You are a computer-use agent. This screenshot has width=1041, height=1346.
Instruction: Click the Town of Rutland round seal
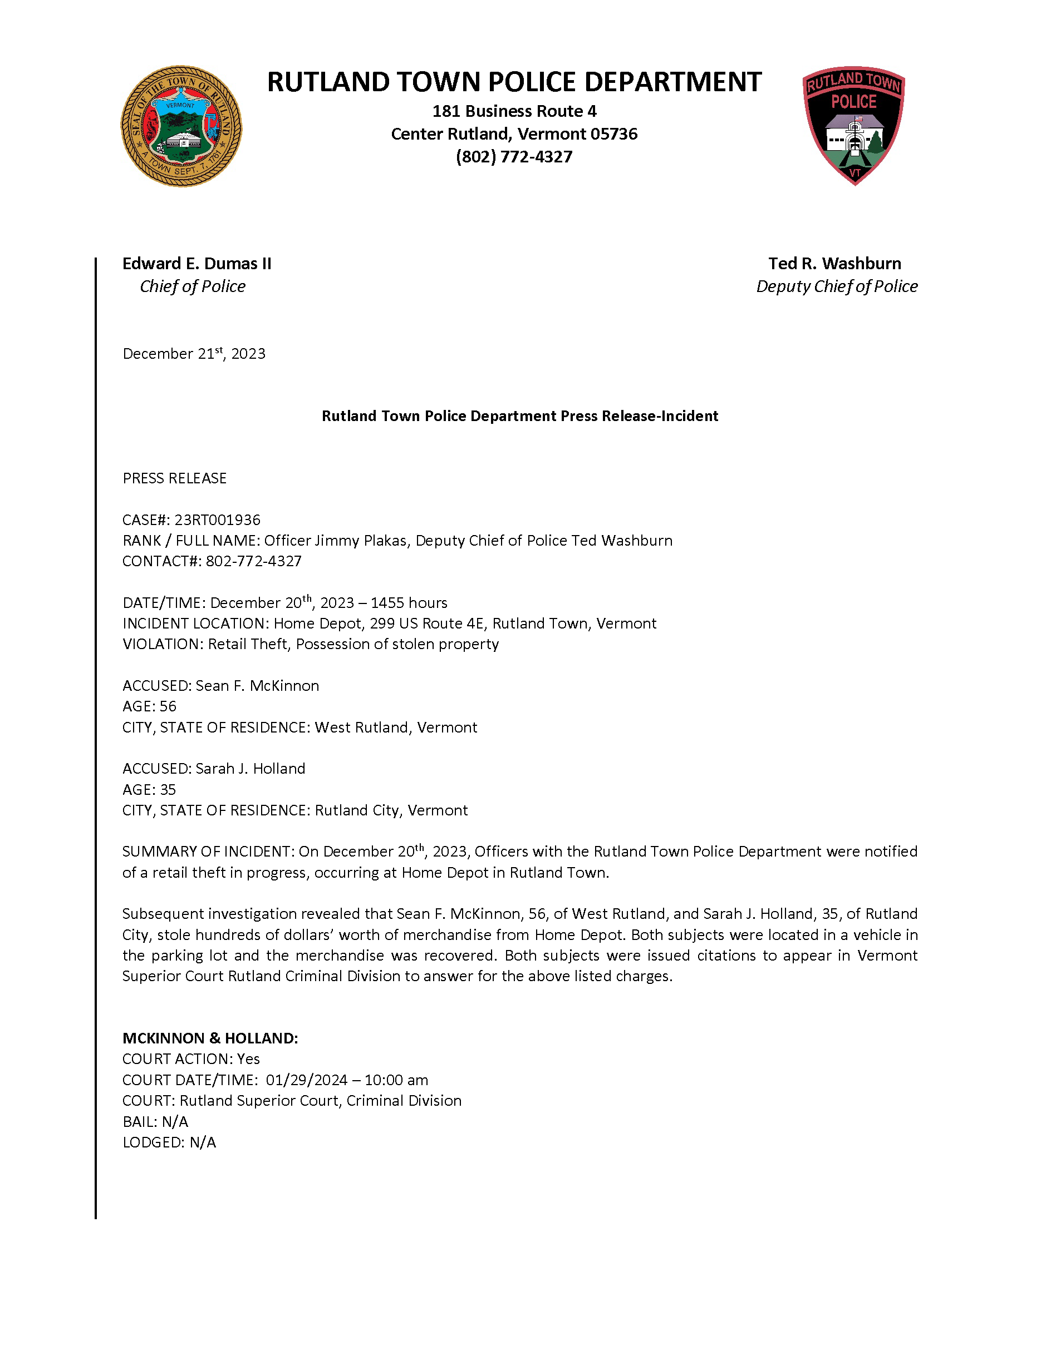click(x=181, y=126)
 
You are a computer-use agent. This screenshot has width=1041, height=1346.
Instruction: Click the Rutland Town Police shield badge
click(x=853, y=125)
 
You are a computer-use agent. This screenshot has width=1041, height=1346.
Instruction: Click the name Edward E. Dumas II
click(x=197, y=264)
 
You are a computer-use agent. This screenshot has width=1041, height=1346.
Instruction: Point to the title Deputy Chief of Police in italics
click(x=836, y=286)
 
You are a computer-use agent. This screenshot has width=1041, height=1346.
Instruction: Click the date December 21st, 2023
click(x=194, y=354)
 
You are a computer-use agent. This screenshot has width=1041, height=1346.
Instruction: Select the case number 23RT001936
click(x=217, y=520)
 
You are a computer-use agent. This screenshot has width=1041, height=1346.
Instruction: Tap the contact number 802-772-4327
click(x=253, y=561)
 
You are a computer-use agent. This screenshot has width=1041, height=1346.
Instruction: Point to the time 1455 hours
click(x=409, y=603)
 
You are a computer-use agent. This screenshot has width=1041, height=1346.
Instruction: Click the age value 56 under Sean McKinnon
click(x=168, y=706)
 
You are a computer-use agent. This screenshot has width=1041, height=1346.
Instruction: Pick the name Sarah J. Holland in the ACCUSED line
click(x=251, y=769)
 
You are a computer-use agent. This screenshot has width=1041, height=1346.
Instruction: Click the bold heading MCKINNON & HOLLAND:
click(x=210, y=1038)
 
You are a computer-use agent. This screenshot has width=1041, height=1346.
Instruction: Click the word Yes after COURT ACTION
click(x=248, y=1060)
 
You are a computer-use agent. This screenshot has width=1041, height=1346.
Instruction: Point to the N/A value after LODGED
click(x=203, y=1142)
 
